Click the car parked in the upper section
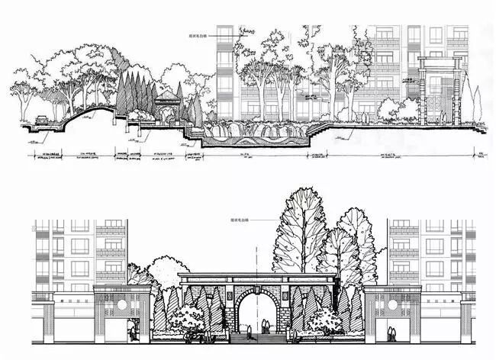[43, 120]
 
